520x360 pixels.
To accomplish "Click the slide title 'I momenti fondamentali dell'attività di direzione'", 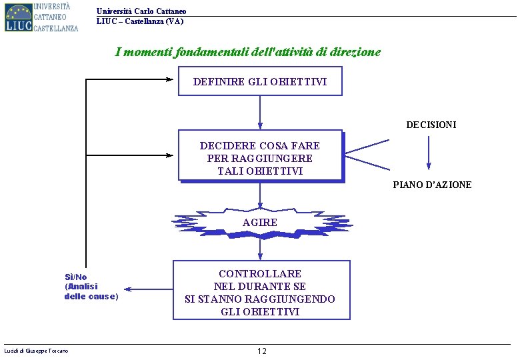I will [247, 52].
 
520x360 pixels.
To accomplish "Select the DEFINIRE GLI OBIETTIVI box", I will [260, 81].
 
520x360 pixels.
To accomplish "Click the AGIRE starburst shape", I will [260, 222].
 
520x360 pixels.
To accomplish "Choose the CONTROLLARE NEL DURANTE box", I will [260, 293].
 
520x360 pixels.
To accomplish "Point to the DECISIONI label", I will [431, 125].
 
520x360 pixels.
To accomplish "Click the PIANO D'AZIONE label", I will [432, 185].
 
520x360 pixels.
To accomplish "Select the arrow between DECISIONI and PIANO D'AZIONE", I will [429, 155].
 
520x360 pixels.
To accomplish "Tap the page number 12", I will [261, 351].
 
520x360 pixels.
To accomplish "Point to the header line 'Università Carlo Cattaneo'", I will [141, 11].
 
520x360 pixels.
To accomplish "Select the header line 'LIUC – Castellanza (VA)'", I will [140, 21].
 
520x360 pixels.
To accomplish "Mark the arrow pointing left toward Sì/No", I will [148, 289].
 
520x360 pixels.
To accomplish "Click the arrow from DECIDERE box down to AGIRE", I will [260, 197].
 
